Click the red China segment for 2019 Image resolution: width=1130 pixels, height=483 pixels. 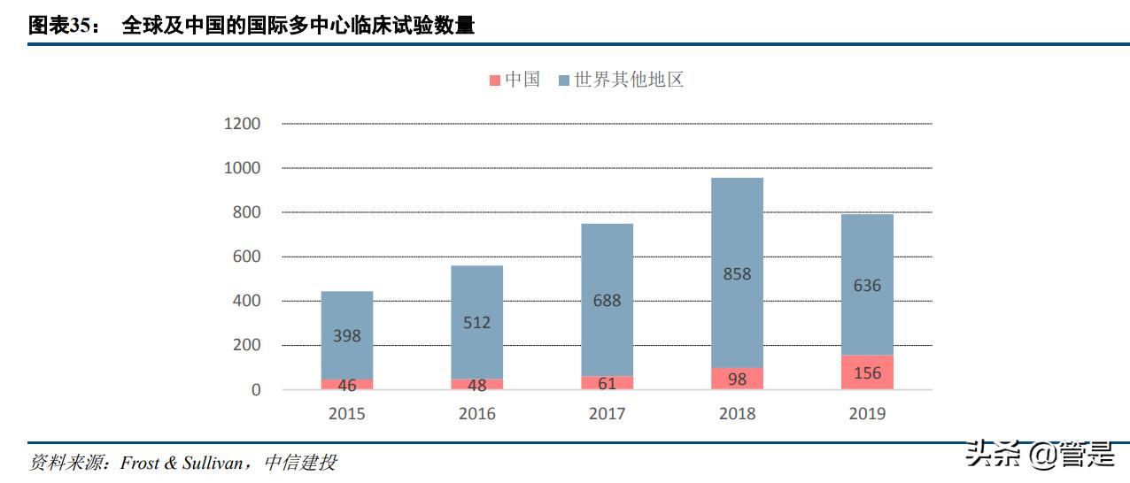pos(867,372)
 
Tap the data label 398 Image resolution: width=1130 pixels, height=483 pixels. pos(346,336)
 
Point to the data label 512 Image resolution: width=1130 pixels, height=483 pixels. pos(476,323)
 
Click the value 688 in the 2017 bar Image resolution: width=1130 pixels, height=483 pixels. pos(607,301)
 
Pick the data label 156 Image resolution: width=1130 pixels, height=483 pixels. pos(867,373)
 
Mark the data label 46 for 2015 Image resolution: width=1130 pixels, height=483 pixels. pos(346,385)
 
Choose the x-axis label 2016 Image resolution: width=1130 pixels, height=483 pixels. pos(476,413)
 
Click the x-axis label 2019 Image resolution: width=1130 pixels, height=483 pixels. pos(867,413)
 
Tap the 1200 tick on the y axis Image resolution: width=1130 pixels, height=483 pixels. pos(242,124)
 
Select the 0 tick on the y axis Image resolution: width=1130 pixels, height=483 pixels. pos(256,390)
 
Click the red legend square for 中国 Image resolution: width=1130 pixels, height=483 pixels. pos(494,80)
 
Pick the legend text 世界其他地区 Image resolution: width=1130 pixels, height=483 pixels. pos(629,80)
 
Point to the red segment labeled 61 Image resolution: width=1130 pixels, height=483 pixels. pos(607,383)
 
